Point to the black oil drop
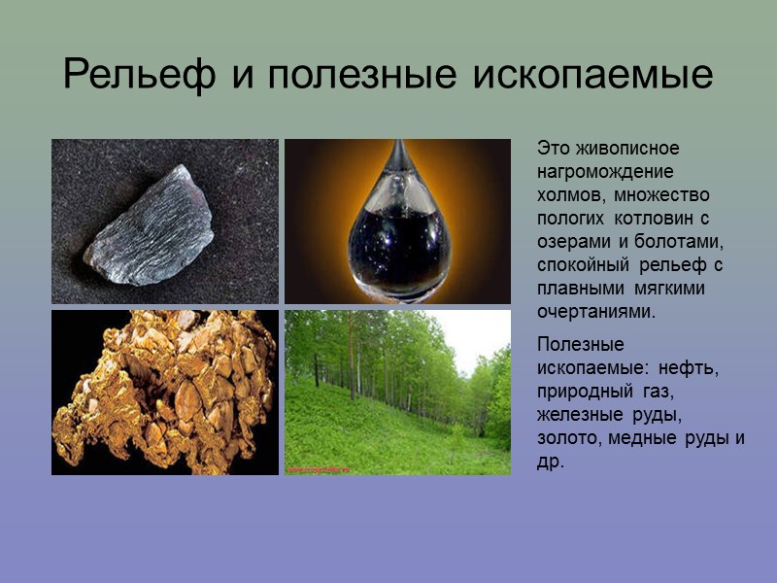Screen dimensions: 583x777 396,238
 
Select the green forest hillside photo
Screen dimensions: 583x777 397,393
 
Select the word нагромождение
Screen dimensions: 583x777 605,171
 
